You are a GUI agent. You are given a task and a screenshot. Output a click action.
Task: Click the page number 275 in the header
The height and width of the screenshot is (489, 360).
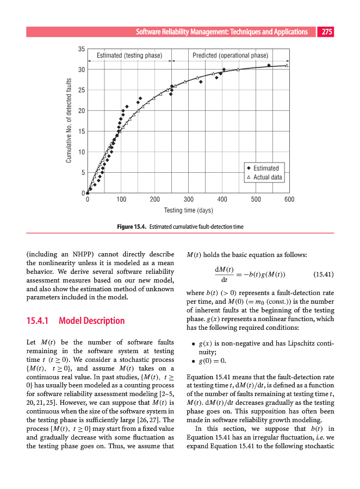(326, 32)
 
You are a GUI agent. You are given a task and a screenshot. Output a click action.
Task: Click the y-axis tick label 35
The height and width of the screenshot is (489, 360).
(80, 49)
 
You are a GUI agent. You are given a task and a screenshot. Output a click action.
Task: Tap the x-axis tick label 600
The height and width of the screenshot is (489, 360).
(289, 199)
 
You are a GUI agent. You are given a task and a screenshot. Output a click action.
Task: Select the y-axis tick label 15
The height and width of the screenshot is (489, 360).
(80, 131)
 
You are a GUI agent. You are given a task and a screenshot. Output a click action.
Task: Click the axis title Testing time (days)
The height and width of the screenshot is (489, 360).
(188, 210)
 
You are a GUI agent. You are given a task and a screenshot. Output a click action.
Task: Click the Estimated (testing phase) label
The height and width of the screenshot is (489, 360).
(129, 55)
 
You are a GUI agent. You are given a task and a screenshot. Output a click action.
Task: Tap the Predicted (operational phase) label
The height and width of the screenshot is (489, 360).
(231, 55)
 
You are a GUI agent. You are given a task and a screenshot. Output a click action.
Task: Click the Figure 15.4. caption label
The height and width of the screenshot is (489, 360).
(132, 226)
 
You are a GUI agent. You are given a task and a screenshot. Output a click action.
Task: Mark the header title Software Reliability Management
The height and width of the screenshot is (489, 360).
(222, 32)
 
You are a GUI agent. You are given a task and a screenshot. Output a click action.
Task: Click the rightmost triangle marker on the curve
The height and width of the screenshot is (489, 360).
(287, 66)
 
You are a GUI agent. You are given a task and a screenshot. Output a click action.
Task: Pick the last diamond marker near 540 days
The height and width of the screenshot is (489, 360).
(269, 65)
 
